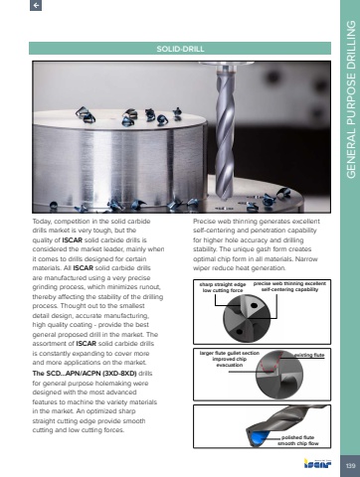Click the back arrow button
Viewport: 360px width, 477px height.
click(36, 5)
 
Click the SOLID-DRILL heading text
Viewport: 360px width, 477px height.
click(180, 49)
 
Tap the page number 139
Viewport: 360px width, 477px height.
click(350, 466)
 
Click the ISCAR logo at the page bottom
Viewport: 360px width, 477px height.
click(317, 463)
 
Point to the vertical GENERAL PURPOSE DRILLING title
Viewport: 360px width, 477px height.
click(351, 99)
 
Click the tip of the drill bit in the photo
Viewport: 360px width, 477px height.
click(225, 200)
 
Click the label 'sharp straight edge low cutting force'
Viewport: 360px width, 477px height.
click(223, 287)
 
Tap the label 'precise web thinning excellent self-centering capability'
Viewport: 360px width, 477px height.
click(289, 286)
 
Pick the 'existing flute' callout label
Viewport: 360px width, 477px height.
click(309, 355)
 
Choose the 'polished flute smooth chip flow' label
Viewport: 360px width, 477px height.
click(298, 440)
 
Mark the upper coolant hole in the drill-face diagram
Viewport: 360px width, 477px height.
click(254, 305)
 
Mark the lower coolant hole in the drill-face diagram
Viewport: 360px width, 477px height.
click(239, 332)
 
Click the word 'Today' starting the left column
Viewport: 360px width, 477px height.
click(42, 222)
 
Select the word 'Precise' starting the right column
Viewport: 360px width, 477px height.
click(204, 221)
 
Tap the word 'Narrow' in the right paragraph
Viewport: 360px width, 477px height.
click(306, 258)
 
